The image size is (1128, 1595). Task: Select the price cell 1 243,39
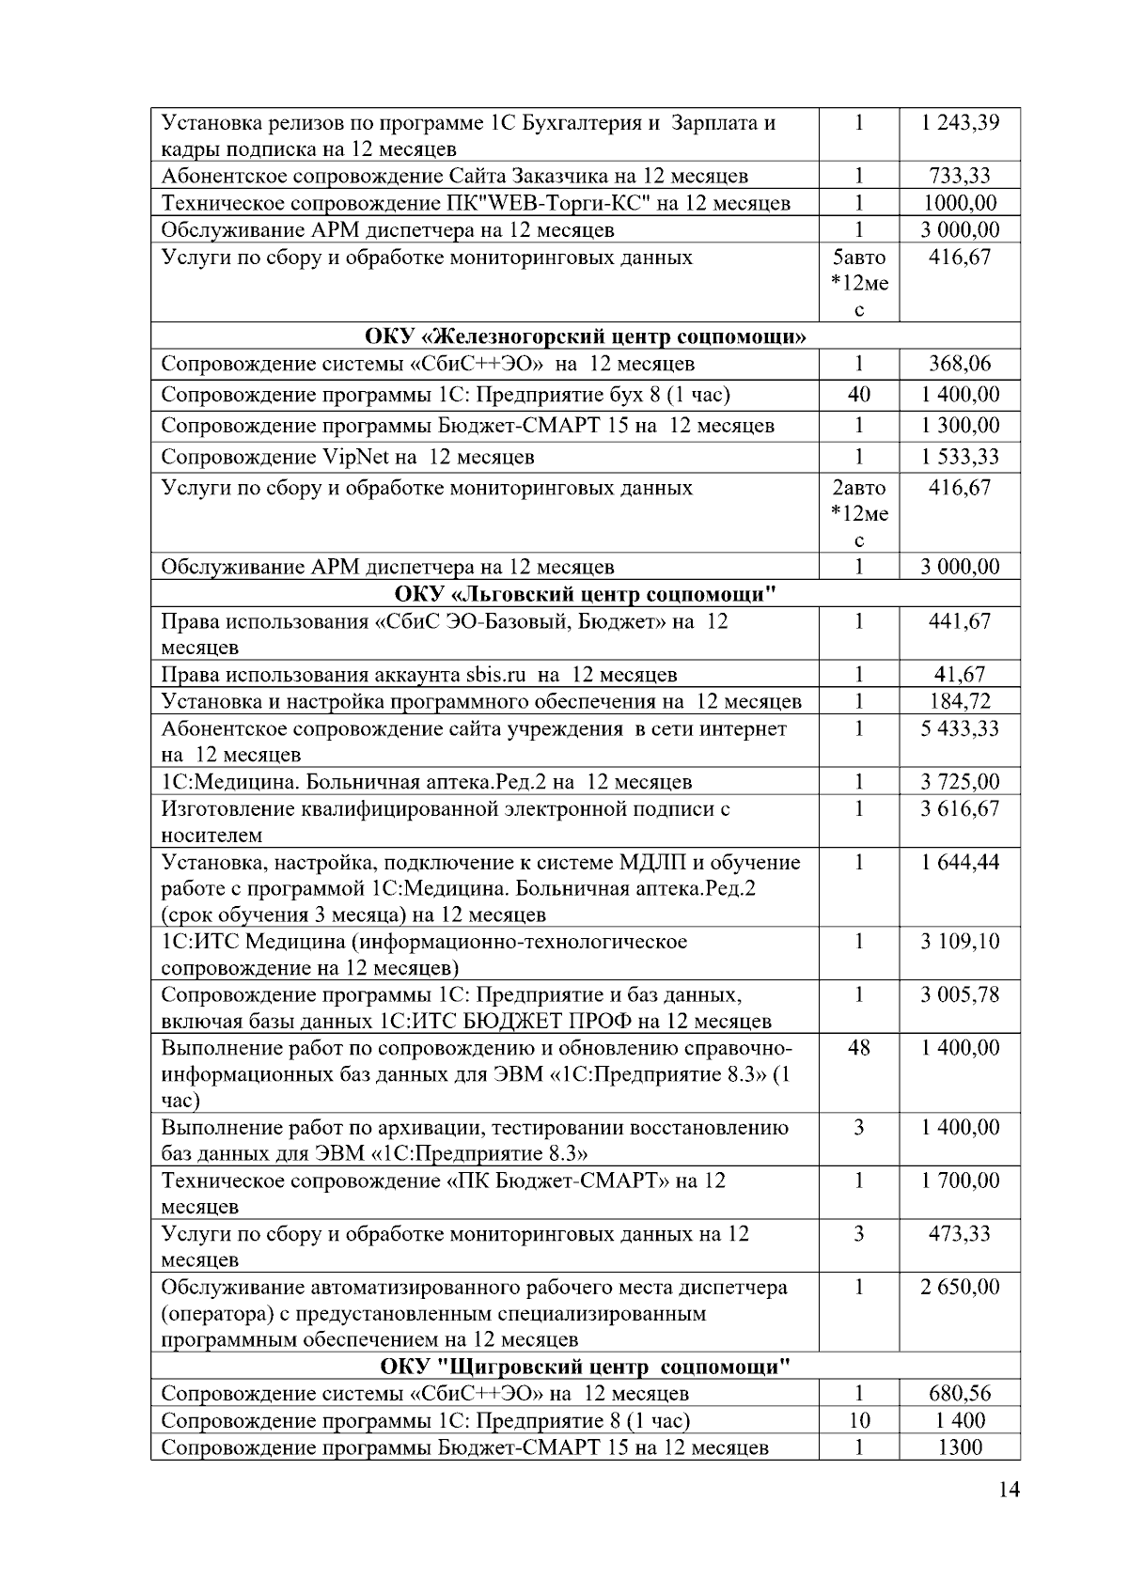[960, 123]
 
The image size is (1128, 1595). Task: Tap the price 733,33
[960, 176]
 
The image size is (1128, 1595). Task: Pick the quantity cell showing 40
[858, 395]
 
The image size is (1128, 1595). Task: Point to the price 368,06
[960, 364]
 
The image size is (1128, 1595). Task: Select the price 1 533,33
[960, 457]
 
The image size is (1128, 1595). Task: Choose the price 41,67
[960, 675]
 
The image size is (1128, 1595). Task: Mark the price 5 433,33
[960, 728]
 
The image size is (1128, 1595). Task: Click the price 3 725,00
[960, 782]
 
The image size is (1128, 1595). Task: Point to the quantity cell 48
[858, 1048]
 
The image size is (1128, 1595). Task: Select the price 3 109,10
[960, 942]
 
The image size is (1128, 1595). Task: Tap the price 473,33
[960, 1234]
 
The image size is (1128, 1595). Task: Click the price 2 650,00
[960, 1288]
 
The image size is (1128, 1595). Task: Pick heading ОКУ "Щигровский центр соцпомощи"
[586, 1367]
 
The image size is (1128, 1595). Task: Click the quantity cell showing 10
[858, 1421]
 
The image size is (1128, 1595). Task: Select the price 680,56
[960, 1394]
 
